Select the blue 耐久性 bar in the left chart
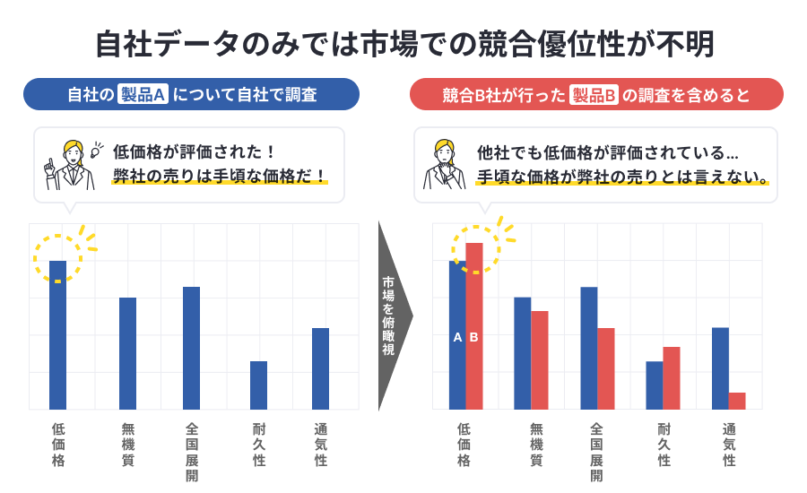(x=259, y=385)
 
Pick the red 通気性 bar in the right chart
(x=737, y=401)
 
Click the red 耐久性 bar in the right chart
(x=672, y=377)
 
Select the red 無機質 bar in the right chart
(x=540, y=359)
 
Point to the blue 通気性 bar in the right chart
(x=720, y=368)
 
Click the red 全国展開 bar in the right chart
(x=606, y=368)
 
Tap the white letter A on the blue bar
(x=457, y=338)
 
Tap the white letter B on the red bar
(x=474, y=338)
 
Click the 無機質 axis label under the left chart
(x=127, y=445)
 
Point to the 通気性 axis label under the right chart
(x=729, y=445)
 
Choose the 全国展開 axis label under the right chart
(x=597, y=452)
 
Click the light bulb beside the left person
(x=96, y=149)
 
